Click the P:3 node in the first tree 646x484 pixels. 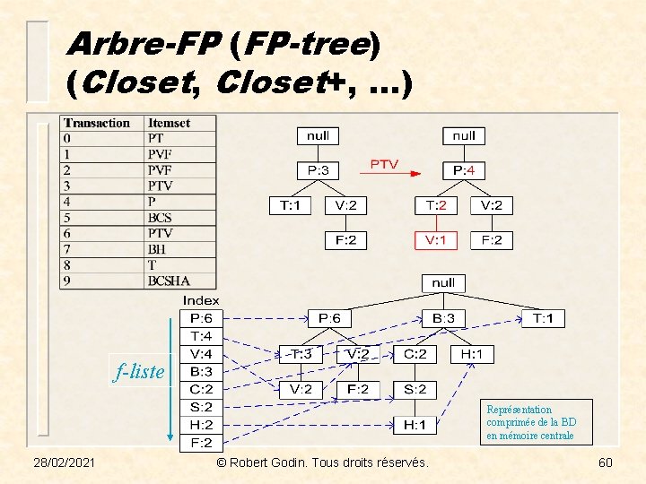click(318, 170)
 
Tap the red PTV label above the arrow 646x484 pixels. click(384, 165)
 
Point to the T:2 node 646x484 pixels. click(435, 205)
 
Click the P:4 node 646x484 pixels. click(464, 170)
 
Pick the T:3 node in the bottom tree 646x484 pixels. click(300, 354)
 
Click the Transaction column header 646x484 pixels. click(97, 123)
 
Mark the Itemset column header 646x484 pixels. click(169, 123)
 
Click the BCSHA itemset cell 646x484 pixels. click(169, 281)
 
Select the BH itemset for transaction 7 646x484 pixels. click(157, 249)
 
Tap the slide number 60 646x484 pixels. click(605, 462)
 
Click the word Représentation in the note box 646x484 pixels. click(519, 410)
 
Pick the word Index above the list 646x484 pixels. click(201, 300)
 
